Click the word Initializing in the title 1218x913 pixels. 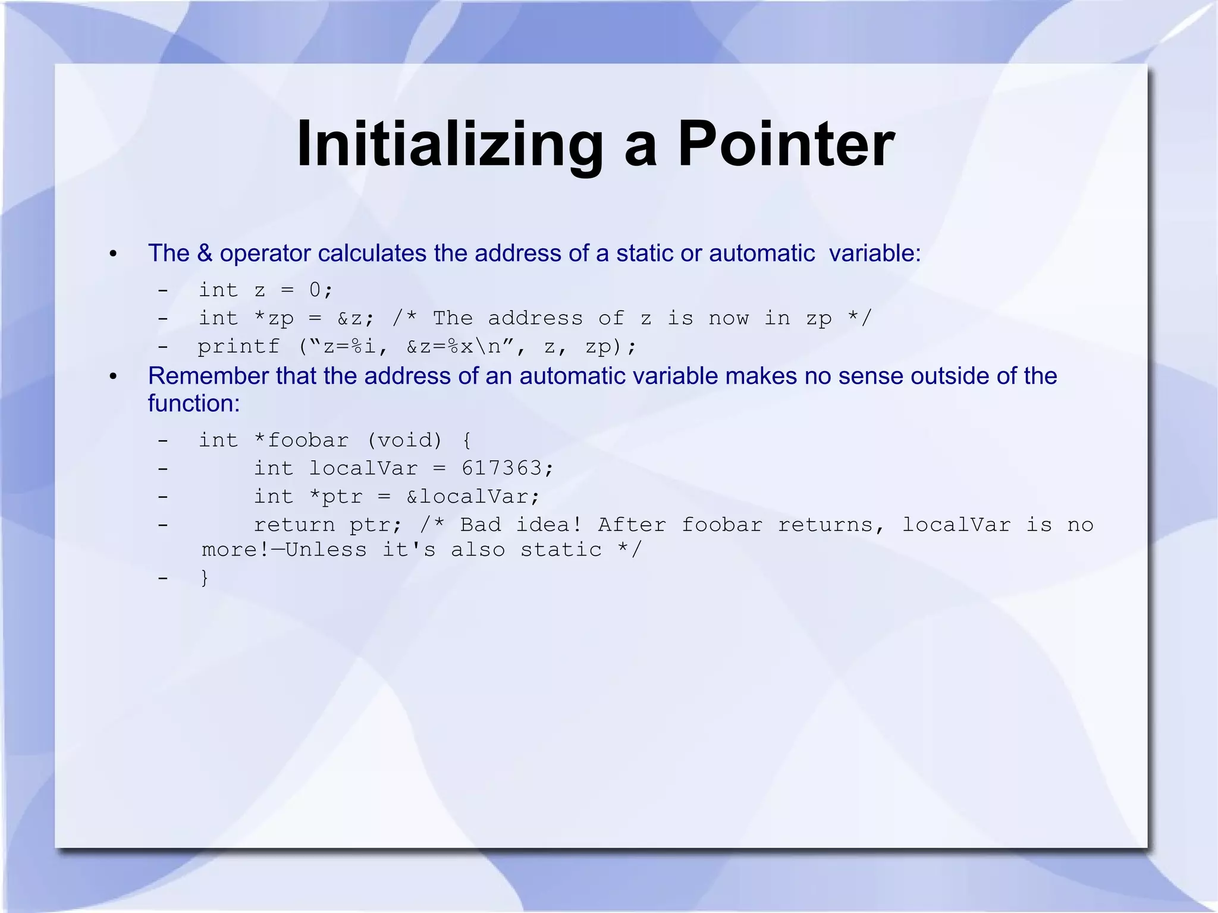[450, 145]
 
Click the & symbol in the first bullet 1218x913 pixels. [204, 253]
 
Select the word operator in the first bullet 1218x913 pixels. [265, 254]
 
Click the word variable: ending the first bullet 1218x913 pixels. [875, 253]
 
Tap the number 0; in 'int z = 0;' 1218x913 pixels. [321, 290]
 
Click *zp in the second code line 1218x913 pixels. [274, 318]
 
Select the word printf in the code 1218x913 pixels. [238, 346]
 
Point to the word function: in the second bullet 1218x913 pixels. [194, 403]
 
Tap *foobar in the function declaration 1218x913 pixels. [301, 440]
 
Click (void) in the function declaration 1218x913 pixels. [405, 440]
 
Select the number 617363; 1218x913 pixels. [507, 468]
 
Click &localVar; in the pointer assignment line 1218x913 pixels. [473, 496]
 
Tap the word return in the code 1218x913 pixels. [294, 525]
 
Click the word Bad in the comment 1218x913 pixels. [481, 525]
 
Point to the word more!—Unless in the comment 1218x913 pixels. [284, 550]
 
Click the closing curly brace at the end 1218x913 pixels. [205, 578]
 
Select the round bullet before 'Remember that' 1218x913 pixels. [113, 377]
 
